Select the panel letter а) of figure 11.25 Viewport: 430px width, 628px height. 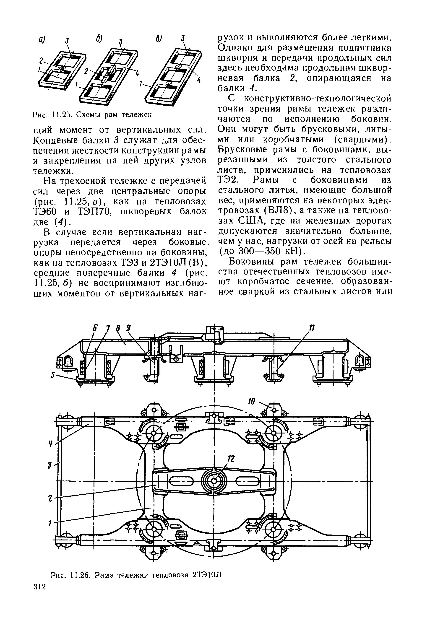coord(41,40)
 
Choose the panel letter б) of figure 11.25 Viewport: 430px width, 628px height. coord(98,39)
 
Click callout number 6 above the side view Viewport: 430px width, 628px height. coord(95,328)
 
